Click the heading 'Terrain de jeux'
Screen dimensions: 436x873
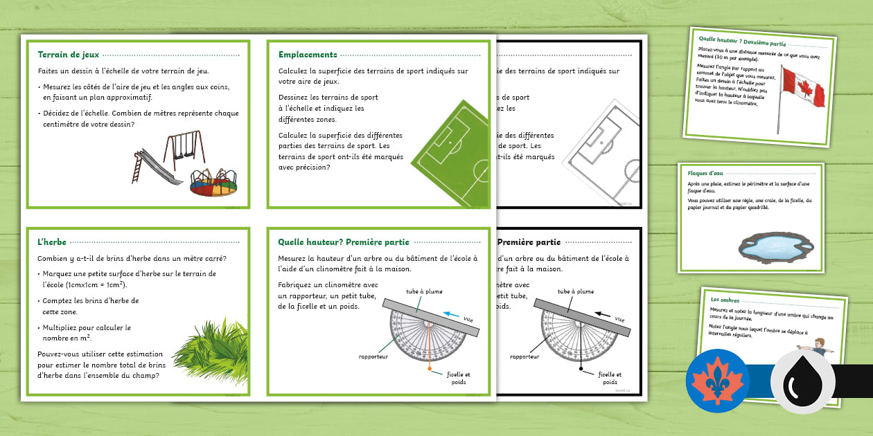[x=69, y=55]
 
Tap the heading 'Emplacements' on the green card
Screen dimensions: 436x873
[x=308, y=55]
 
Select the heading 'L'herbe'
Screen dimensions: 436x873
[x=53, y=242]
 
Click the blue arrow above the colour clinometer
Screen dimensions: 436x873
[x=451, y=314]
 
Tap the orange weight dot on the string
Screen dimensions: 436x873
[x=430, y=369]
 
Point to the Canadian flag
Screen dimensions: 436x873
[x=802, y=89]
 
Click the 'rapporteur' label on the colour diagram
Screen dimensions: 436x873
[x=373, y=356]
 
